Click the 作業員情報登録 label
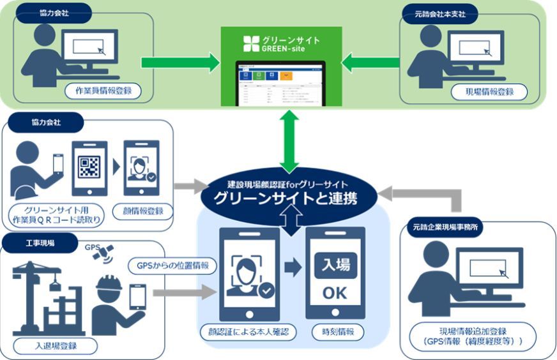coord(102,91)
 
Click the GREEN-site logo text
coord(281,44)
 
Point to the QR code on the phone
coord(89,167)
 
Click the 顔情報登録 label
coord(142,211)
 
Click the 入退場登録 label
coord(57,347)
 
